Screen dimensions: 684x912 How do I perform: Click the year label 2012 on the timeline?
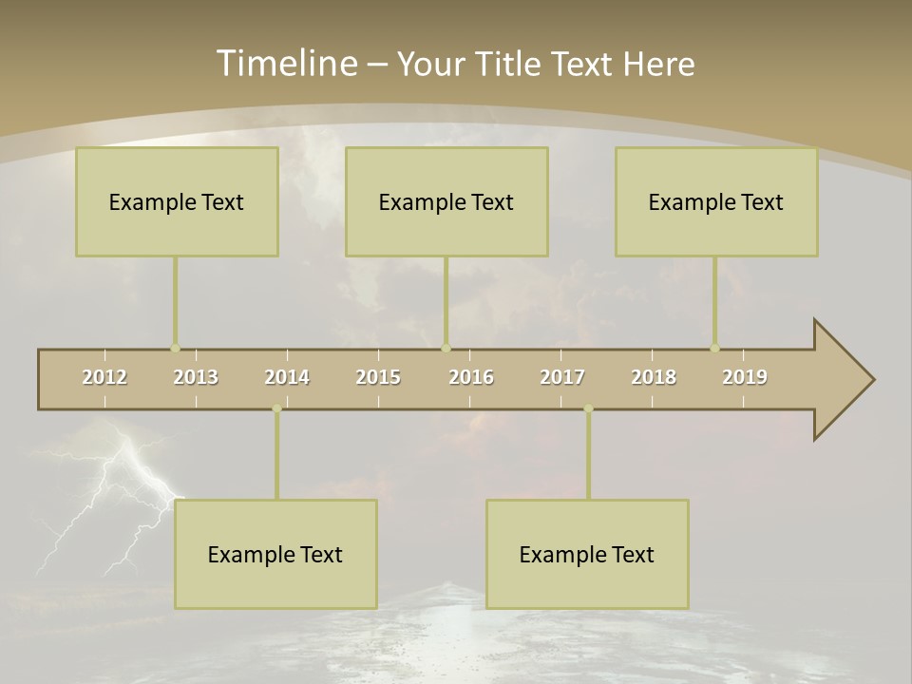click(104, 377)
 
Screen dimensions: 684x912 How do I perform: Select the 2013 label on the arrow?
click(196, 377)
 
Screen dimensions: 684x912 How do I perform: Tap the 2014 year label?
click(287, 377)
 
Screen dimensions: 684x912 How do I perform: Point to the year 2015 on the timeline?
click(378, 377)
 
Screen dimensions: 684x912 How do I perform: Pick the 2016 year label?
click(471, 377)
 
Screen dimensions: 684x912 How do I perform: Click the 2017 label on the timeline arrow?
click(562, 377)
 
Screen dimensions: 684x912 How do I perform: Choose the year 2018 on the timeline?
click(654, 377)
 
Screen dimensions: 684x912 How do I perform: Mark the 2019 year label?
click(745, 377)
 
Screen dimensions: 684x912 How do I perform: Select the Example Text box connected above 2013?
click(177, 201)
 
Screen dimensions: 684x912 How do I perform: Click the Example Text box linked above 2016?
click(446, 201)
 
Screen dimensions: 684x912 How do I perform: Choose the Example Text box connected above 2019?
click(716, 201)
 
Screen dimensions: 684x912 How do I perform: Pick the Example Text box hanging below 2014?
click(275, 554)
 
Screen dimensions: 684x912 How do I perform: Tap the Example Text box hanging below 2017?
click(587, 554)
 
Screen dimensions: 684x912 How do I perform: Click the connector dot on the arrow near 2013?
click(175, 349)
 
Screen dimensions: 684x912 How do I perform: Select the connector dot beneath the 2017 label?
click(588, 408)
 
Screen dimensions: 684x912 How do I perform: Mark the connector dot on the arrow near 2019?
click(715, 349)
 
